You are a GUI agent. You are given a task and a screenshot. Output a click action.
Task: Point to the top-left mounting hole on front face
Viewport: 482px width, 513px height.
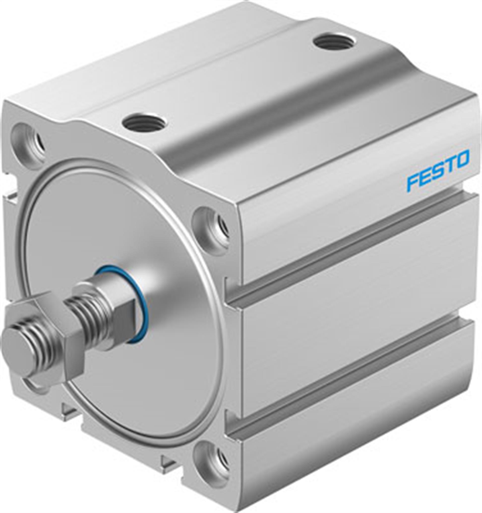point(28,142)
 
